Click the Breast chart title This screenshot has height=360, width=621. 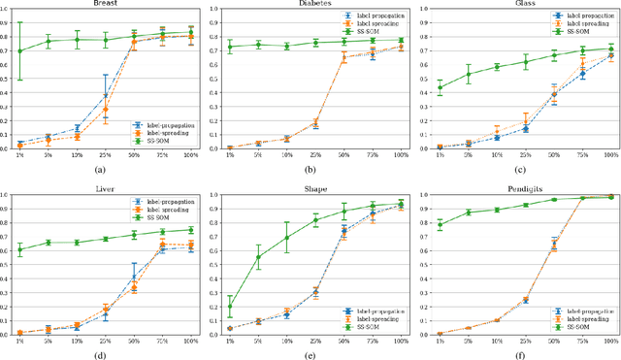[107, 4]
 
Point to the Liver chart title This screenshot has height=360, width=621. [107, 185]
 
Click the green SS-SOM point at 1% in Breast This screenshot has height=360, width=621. [19, 50]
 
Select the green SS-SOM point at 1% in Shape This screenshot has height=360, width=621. [229, 307]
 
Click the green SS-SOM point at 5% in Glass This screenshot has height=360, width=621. [469, 74]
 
